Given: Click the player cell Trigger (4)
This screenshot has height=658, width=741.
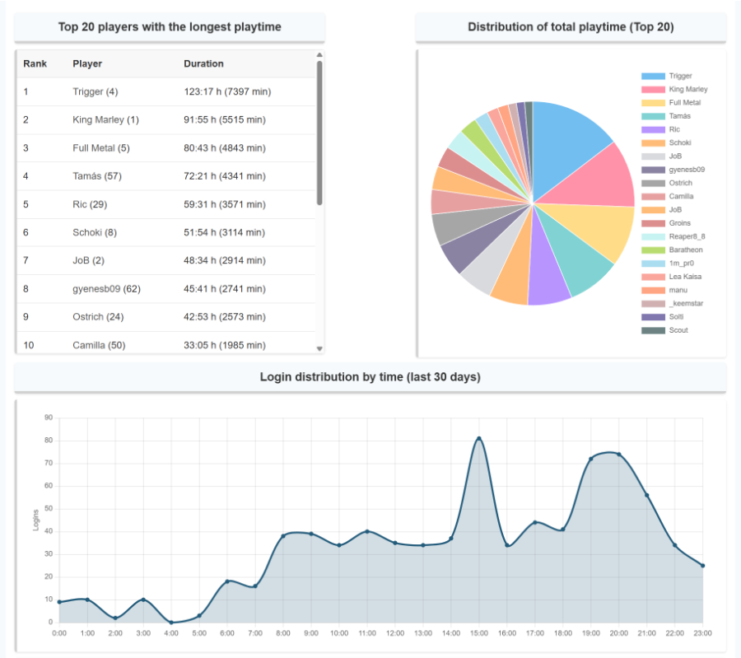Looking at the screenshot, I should point(95,91).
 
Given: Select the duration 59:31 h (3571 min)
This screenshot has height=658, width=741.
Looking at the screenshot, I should point(224,204).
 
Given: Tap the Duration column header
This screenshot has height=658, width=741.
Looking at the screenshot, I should point(203,63).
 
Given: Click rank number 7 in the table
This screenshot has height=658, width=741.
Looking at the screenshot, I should point(26,260).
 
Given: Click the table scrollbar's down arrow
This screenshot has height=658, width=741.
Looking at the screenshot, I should point(319,349).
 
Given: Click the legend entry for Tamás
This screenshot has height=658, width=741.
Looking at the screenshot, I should point(679,116).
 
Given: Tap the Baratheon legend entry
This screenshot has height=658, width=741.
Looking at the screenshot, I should point(685,250).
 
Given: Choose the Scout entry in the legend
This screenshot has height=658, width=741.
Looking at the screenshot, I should point(679,330).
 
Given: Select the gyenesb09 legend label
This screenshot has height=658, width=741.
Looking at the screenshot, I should point(687,170).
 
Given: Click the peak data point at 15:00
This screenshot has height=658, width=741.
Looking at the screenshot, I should point(478,438).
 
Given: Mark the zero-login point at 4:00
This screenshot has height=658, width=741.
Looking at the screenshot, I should point(171,622).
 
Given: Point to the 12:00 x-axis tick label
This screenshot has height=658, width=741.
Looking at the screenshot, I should point(394,633).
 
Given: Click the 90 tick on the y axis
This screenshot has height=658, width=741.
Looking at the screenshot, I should point(49,418).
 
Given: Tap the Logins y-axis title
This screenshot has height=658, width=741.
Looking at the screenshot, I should point(36,520).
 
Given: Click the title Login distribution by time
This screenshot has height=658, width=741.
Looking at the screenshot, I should point(370,377).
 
